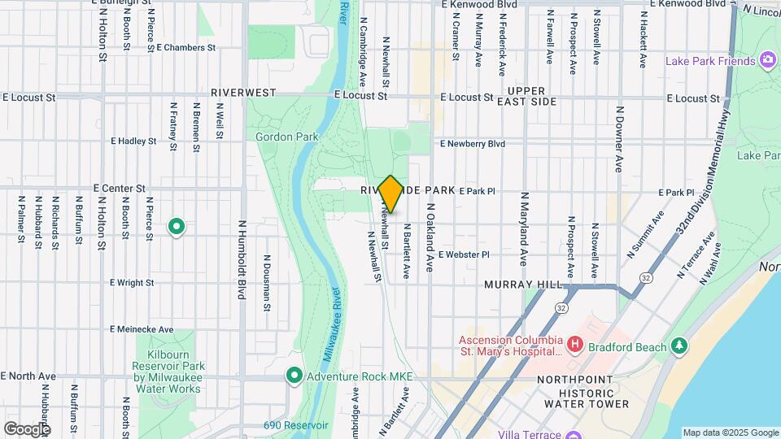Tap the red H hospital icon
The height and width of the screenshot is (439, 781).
coord(575,346)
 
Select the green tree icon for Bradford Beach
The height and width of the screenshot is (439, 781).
coord(680,346)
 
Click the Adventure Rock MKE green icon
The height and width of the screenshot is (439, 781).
coord(294,376)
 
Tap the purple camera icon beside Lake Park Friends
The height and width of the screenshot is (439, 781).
coord(766,60)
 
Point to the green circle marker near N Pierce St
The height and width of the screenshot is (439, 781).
coord(176,227)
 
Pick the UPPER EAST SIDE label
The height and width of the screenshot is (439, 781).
coord(531,96)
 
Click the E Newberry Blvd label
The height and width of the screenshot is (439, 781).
coord(472,144)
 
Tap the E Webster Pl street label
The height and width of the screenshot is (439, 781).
coord(463,254)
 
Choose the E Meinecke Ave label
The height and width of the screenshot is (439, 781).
coord(142,329)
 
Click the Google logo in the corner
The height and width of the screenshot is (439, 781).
coord(27,428)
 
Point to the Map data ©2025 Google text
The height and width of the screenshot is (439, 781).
coord(730,432)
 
